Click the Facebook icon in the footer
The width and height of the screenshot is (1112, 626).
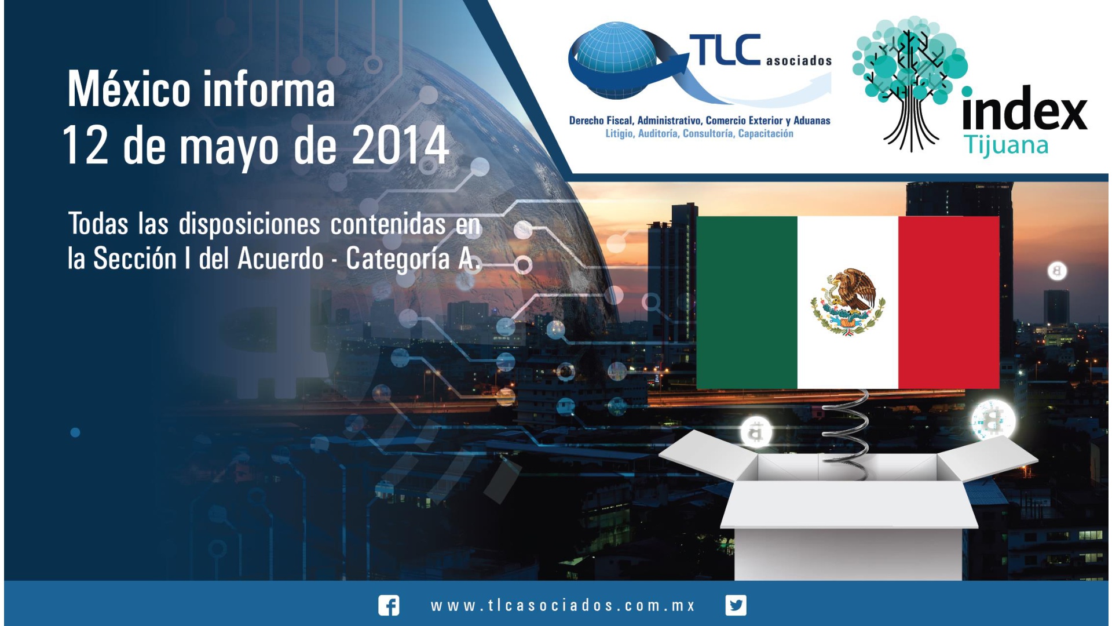[389, 605]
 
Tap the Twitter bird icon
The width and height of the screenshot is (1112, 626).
[736, 605]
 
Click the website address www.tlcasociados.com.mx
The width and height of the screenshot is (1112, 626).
[562, 606]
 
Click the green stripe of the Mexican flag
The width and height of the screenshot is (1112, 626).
[747, 302]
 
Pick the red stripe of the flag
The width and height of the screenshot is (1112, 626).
[949, 302]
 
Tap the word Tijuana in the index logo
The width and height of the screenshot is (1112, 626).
[1007, 145]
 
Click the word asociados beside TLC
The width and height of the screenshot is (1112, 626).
[799, 60]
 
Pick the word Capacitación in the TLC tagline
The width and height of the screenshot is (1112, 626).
[766, 133]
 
